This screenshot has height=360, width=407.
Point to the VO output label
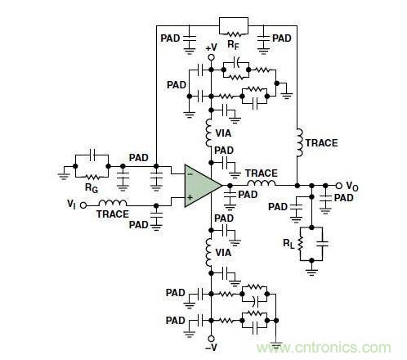click(x=351, y=186)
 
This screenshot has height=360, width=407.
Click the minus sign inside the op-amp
click(x=190, y=174)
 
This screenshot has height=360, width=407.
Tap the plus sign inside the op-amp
click(x=190, y=198)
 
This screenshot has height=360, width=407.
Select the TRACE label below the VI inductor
click(x=114, y=214)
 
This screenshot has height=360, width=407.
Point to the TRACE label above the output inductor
click(x=261, y=173)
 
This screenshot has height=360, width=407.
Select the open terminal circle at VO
click(x=338, y=186)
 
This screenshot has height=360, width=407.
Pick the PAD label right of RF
click(x=282, y=38)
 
